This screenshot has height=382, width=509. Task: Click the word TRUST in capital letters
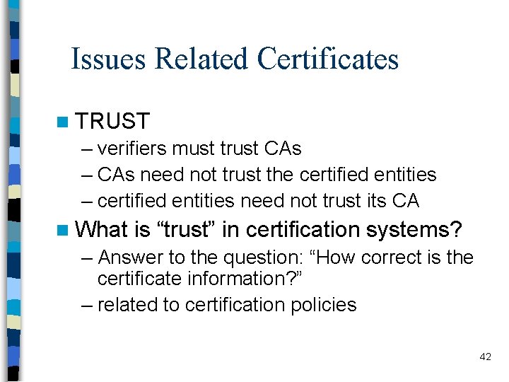click(x=112, y=122)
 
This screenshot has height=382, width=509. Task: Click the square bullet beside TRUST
click(x=65, y=122)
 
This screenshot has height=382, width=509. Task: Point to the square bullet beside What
click(x=65, y=230)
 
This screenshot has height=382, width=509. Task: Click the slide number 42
click(x=485, y=357)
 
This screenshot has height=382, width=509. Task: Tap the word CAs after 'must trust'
click(x=282, y=149)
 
